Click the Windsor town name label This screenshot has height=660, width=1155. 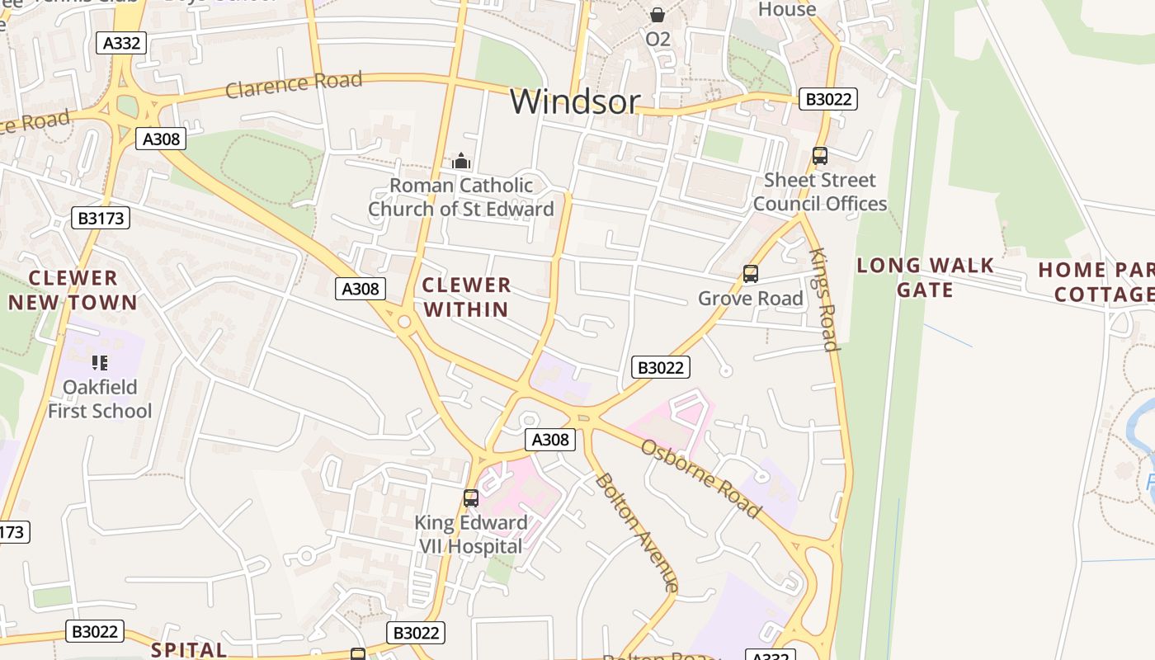[x=575, y=101]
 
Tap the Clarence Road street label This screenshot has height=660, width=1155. [x=294, y=83]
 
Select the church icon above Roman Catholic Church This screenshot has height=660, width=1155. [x=461, y=161]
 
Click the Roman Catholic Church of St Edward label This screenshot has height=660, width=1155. [x=460, y=197]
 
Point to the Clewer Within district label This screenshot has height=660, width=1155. [x=466, y=297]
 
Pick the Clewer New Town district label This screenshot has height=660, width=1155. [x=73, y=290]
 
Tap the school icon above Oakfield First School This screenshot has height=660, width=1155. [x=100, y=363]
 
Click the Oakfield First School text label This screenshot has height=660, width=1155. [x=100, y=398]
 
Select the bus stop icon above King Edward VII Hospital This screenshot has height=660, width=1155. [x=471, y=498]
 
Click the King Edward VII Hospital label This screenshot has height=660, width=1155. [x=471, y=534]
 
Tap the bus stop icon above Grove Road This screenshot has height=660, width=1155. [x=750, y=274]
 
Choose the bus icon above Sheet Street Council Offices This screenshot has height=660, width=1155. [x=819, y=156]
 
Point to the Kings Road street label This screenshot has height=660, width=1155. [x=824, y=299]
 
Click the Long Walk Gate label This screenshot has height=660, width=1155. [x=925, y=277]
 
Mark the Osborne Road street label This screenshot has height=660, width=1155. [x=701, y=478]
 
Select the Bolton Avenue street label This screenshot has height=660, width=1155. [x=637, y=532]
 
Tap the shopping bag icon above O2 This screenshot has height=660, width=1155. [x=658, y=15]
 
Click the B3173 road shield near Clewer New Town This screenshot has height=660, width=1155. [x=101, y=218]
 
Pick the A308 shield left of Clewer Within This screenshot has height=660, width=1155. [x=361, y=288]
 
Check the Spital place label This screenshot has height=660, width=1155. [x=189, y=649]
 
